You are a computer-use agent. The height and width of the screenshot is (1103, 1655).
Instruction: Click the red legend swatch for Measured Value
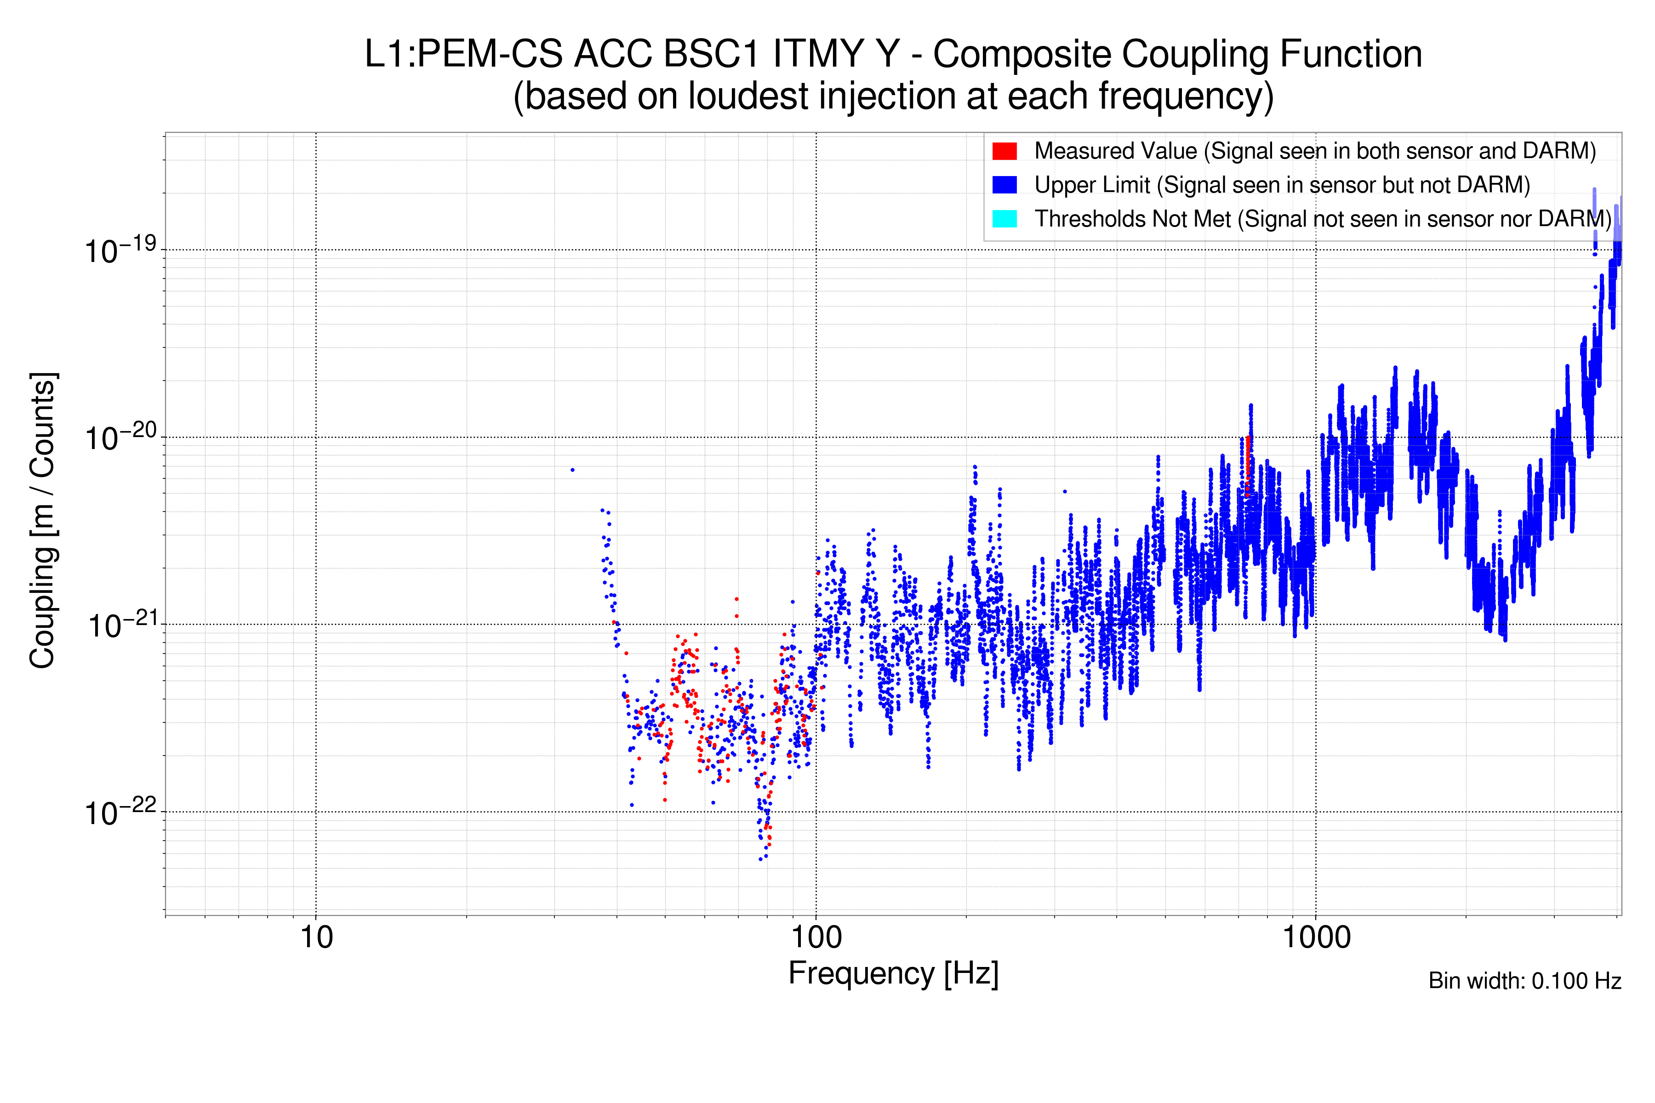1004,151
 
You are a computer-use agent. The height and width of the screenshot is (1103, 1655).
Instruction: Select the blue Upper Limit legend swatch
1004,184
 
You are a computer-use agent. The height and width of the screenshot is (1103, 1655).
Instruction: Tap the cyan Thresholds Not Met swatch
1004,219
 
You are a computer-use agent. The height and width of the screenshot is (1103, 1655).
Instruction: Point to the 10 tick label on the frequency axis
316,938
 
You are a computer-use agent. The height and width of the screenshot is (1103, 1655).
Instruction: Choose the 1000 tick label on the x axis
1316,938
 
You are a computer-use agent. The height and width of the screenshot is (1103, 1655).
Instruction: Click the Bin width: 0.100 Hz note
1524,981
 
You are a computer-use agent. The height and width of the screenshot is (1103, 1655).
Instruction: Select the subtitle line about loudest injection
893,97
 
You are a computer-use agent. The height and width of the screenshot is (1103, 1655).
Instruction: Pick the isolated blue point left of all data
572,470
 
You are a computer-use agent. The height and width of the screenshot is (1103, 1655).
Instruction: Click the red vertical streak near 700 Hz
1248,464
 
